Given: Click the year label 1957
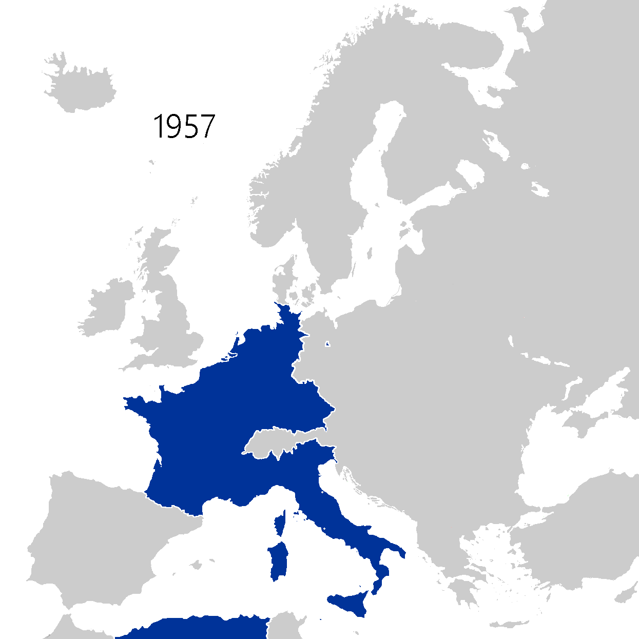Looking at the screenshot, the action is coord(184,126).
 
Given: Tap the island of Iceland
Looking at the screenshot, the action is coord(82,87).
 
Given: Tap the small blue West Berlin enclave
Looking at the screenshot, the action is coord(327,344).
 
